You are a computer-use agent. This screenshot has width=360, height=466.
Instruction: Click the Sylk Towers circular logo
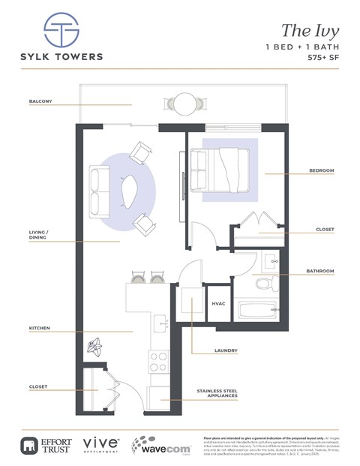point(61,29)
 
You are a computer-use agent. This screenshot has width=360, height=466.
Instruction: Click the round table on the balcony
point(184,102)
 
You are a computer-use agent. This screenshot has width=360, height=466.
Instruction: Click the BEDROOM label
point(322,170)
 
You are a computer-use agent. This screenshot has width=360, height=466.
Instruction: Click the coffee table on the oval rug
point(129,192)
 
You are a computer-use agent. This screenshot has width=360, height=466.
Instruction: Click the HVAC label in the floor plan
point(219,304)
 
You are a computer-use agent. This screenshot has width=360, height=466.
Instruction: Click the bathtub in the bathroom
point(257,312)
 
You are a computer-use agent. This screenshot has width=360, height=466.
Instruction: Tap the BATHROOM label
point(320,270)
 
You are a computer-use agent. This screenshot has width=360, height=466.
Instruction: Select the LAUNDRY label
point(226,350)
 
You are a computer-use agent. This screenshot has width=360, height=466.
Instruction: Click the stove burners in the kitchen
point(159,362)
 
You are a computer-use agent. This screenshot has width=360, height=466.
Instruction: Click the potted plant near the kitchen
point(95,347)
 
